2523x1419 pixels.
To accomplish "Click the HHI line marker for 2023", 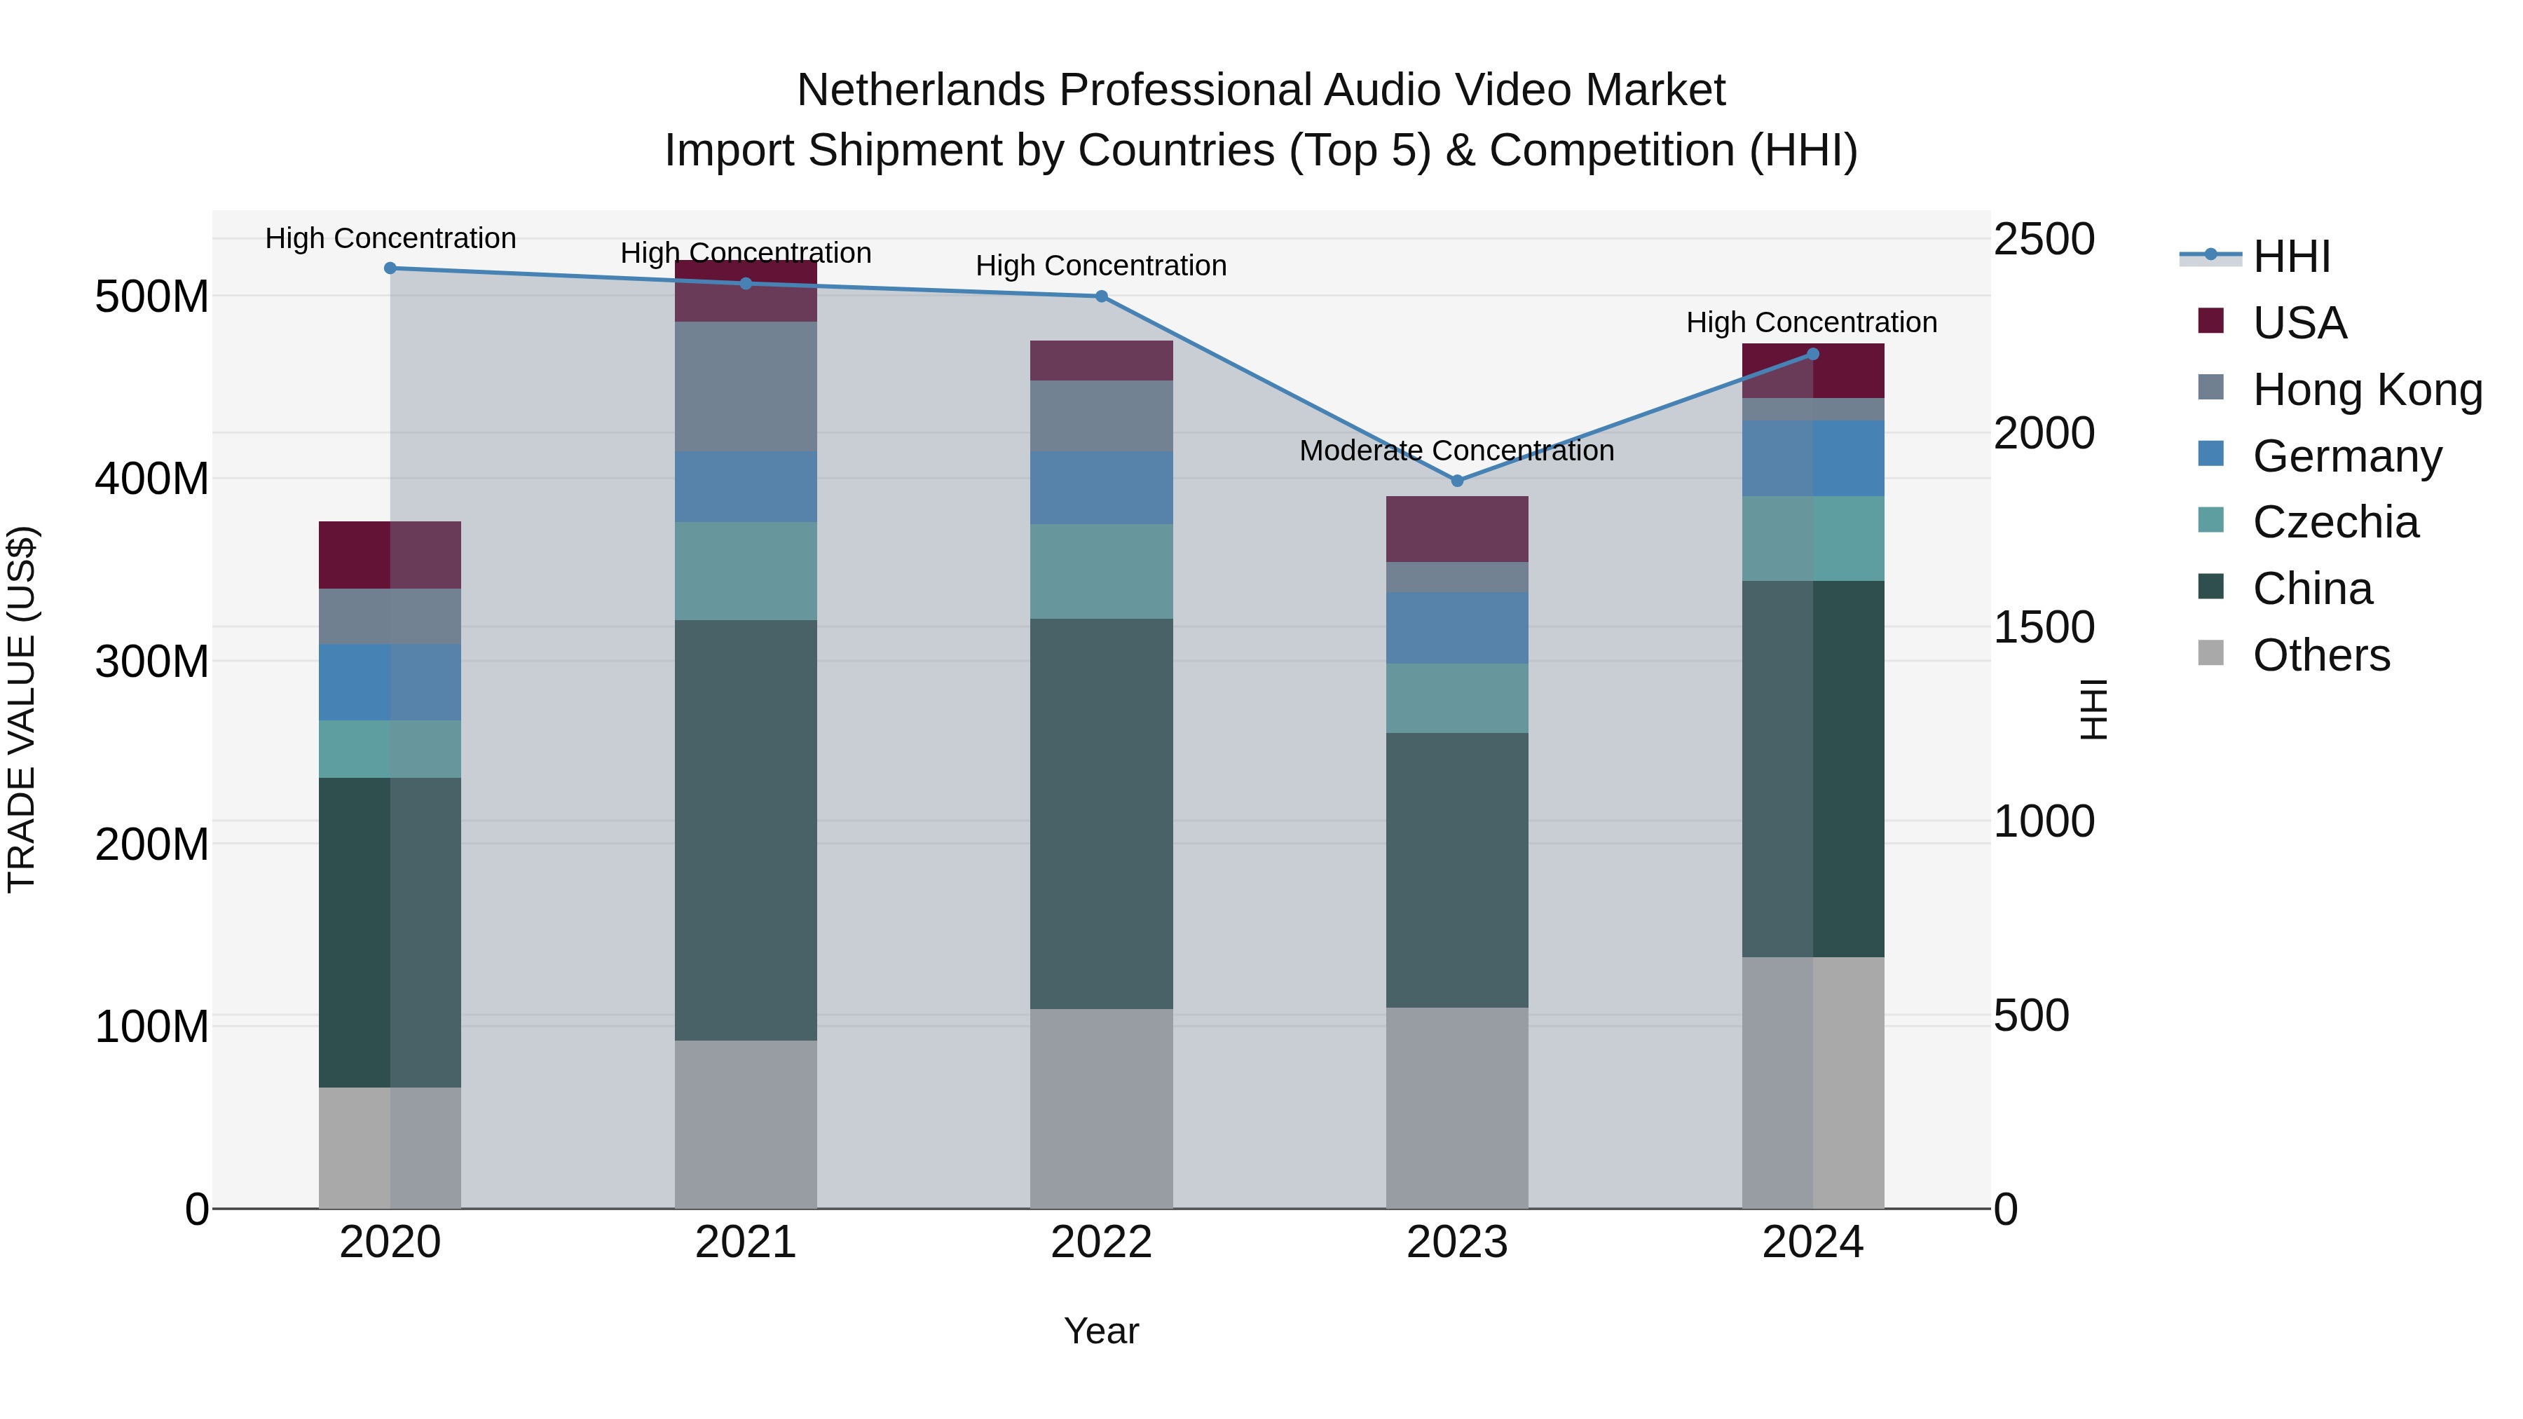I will (1456, 481).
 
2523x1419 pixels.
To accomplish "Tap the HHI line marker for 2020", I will (390, 268).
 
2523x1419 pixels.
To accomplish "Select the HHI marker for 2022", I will (1101, 296).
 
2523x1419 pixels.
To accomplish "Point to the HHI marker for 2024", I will (1812, 355).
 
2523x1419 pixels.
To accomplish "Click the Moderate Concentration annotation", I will (1456, 451).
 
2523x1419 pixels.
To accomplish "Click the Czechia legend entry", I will (2335, 522).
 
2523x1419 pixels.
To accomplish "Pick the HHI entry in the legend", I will (2291, 256).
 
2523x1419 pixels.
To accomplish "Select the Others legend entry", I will (2320, 655).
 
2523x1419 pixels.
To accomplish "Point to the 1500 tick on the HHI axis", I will (2044, 628).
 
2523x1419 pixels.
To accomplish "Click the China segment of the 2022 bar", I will (1101, 813).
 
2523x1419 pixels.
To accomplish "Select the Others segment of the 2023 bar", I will (1456, 1108).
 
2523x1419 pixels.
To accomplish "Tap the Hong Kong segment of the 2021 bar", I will (746, 387).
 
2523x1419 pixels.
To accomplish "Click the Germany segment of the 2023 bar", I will (1456, 628).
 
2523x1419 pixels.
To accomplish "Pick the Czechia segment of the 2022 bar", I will (1101, 571).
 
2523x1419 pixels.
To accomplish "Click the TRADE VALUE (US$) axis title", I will (22, 709).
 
